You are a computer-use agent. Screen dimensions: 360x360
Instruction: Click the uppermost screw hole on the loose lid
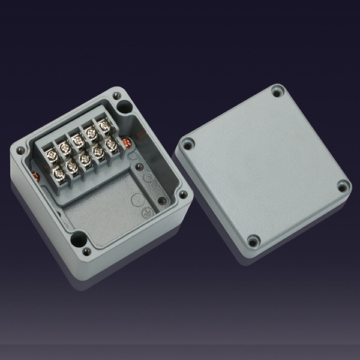[277, 92]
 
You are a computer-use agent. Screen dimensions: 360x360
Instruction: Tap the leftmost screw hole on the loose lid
[188, 144]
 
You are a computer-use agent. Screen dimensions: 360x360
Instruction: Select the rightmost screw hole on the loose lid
[343, 187]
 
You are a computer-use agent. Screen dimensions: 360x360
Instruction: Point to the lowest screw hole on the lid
[253, 241]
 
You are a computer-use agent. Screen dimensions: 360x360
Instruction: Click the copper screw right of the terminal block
[127, 143]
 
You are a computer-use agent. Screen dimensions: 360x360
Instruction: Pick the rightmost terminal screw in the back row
[104, 126]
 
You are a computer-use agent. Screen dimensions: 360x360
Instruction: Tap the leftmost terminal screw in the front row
[59, 173]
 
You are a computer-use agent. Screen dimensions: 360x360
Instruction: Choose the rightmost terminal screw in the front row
[111, 145]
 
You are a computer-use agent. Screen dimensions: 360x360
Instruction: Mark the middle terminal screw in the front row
[85, 159]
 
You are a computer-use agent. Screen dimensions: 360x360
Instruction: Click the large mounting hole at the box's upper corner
[125, 107]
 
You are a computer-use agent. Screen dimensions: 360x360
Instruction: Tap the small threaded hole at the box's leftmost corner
[21, 150]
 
